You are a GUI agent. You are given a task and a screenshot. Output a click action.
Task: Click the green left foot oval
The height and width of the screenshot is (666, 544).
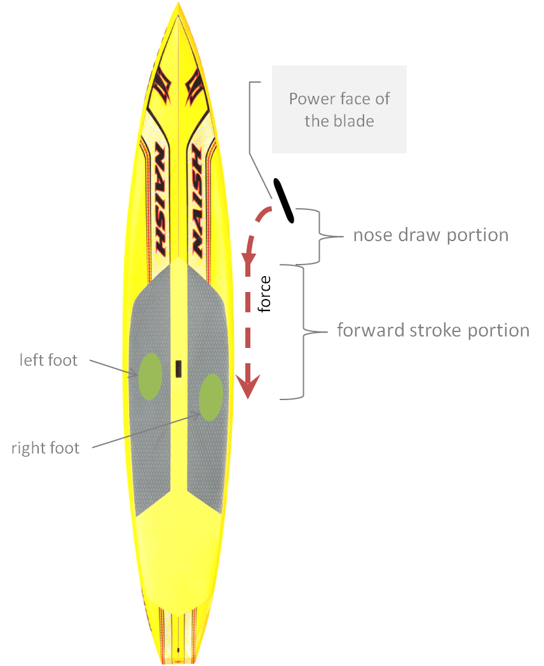point(149,376)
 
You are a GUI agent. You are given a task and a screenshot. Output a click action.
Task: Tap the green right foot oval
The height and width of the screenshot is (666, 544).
point(210,398)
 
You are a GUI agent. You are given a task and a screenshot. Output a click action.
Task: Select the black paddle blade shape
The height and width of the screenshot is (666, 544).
point(283,201)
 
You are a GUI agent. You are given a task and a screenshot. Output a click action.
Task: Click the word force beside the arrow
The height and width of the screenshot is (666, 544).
point(264,294)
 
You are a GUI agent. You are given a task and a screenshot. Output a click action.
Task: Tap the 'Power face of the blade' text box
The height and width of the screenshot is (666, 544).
point(339,109)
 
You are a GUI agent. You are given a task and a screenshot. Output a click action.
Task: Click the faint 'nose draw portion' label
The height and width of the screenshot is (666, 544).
point(430,235)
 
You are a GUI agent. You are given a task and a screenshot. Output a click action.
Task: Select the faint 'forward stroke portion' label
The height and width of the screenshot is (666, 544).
point(433,331)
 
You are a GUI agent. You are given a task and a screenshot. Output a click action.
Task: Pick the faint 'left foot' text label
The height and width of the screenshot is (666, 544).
point(48,361)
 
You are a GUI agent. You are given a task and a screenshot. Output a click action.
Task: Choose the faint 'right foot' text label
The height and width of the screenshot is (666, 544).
point(45,448)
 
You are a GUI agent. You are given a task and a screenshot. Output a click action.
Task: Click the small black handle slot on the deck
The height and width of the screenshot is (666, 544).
point(179,368)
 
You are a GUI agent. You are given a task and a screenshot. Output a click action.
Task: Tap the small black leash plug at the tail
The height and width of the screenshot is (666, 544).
point(179,649)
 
